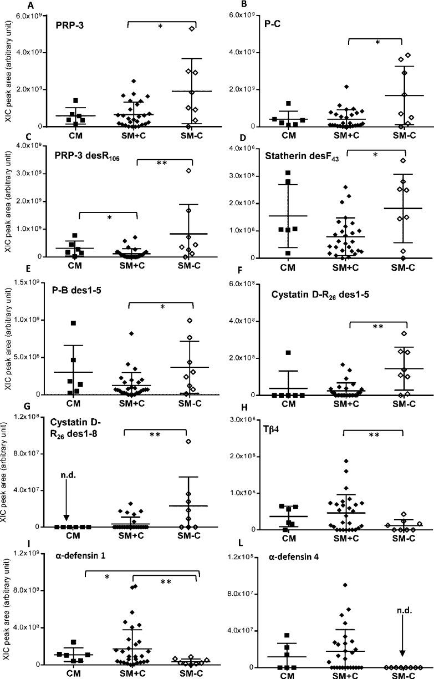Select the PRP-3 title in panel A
(x=69, y=26)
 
